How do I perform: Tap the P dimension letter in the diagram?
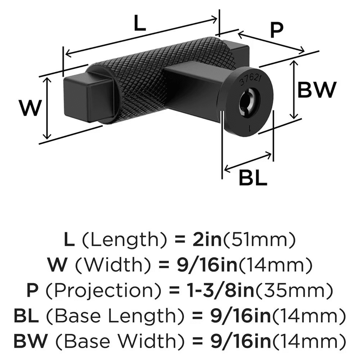click(x=276, y=31)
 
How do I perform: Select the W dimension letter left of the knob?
click(x=31, y=108)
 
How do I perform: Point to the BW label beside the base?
click(x=317, y=90)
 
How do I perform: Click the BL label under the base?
click(x=253, y=178)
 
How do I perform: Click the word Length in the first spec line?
click(x=124, y=240)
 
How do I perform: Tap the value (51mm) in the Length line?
click(x=259, y=239)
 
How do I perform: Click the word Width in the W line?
click(x=113, y=265)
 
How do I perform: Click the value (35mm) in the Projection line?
click(x=294, y=291)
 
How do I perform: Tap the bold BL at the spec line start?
click(x=26, y=316)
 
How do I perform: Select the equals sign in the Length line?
click(x=180, y=240)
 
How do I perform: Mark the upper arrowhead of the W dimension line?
click(x=47, y=78)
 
